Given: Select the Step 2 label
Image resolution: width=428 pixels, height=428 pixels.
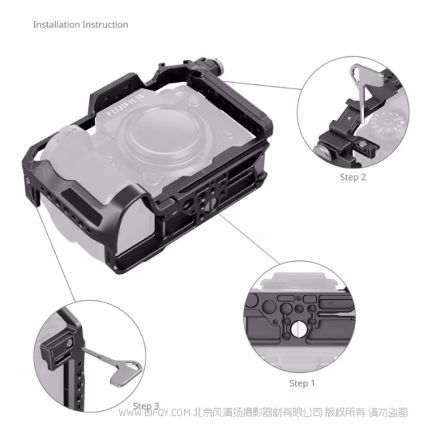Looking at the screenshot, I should point(352,177).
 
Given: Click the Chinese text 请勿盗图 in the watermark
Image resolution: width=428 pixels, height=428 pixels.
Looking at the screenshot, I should point(387,413).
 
